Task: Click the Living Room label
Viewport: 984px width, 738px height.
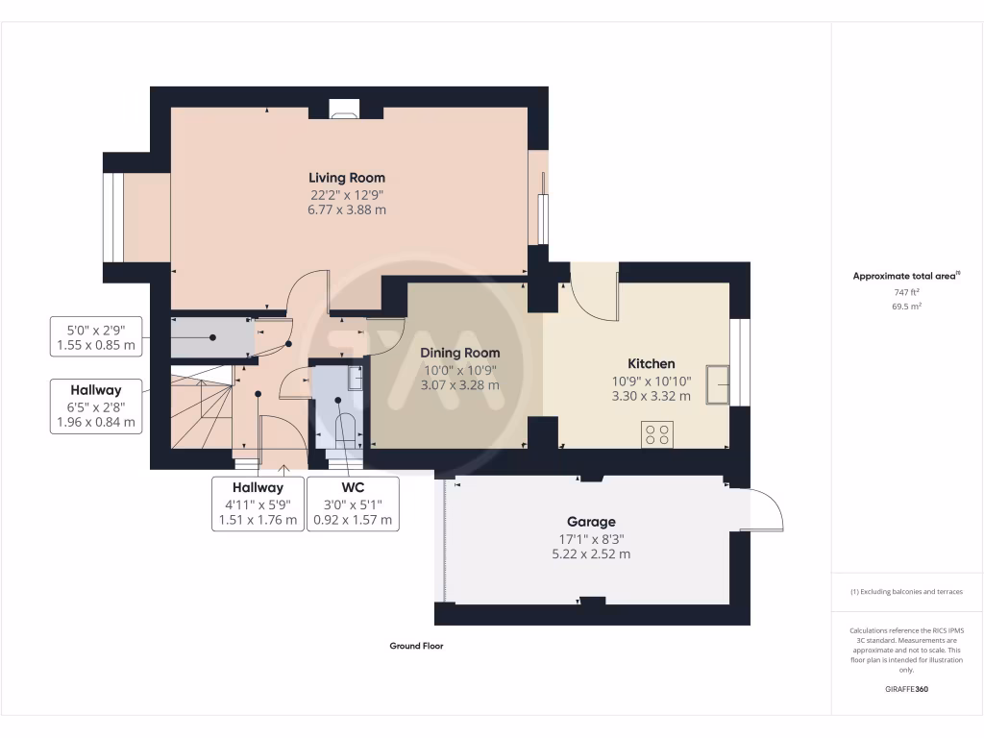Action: click(x=347, y=178)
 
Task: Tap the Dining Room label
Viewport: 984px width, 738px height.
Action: click(x=459, y=353)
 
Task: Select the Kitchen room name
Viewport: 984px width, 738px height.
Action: click(x=651, y=363)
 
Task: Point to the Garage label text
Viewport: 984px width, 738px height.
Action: click(x=591, y=522)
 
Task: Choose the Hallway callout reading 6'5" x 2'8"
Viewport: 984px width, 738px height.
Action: click(x=95, y=406)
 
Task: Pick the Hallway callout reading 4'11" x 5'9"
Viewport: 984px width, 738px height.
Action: click(x=257, y=504)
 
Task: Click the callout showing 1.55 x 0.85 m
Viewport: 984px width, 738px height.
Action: click(x=95, y=335)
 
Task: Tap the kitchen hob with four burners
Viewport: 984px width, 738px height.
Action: click(x=658, y=434)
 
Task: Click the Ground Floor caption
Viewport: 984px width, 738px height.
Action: click(x=416, y=647)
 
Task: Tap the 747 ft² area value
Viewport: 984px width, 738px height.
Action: click(x=906, y=291)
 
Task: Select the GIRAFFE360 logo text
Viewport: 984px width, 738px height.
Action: click(x=906, y=689)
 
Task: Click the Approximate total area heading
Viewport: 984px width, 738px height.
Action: click(x=906, y=277)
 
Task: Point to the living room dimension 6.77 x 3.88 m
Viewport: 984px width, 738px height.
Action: click(x=347, y=209)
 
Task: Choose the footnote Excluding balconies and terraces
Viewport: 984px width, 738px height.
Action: click(x=906, y=592)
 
